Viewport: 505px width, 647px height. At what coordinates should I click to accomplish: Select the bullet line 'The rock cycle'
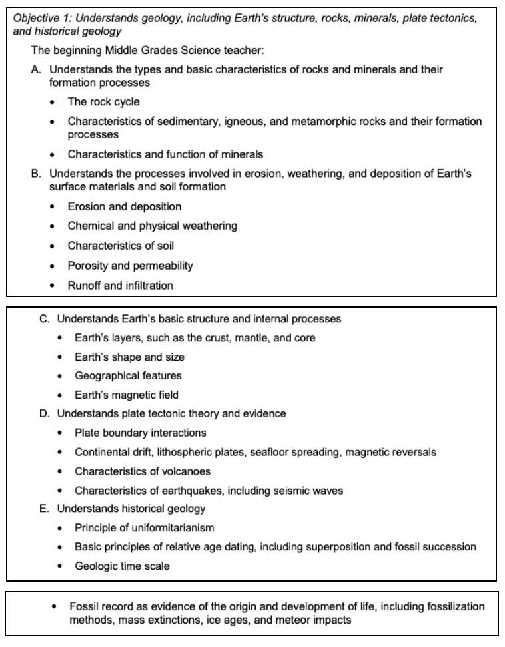point(103,102)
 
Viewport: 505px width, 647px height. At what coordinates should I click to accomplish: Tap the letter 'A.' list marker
point(37,69)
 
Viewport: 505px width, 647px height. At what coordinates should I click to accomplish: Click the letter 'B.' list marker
point(37,174)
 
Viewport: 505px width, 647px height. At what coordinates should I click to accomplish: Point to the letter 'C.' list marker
point(45,319)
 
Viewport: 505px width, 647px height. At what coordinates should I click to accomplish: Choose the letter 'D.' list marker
point(45,413)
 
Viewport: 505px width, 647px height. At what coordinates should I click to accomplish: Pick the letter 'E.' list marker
point(45,509)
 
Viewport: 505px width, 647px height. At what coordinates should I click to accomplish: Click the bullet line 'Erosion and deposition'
point(125,206)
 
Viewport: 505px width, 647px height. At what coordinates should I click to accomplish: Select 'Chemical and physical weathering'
point(153,226)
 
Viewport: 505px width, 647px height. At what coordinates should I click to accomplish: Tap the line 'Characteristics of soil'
point(121,246)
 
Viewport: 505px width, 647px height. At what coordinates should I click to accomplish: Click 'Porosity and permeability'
point(131,266)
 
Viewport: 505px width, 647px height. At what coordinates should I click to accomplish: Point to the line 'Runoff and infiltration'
point(121,286)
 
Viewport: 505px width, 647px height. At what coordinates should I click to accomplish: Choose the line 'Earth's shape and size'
point(129,357)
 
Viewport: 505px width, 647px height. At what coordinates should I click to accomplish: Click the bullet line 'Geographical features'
point(128,375)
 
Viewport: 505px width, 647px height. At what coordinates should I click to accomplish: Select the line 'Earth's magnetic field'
point(127,395)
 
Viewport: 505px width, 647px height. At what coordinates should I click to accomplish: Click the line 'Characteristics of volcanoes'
point(142,471)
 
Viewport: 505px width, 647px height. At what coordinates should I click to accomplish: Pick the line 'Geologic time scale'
point(122,566)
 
